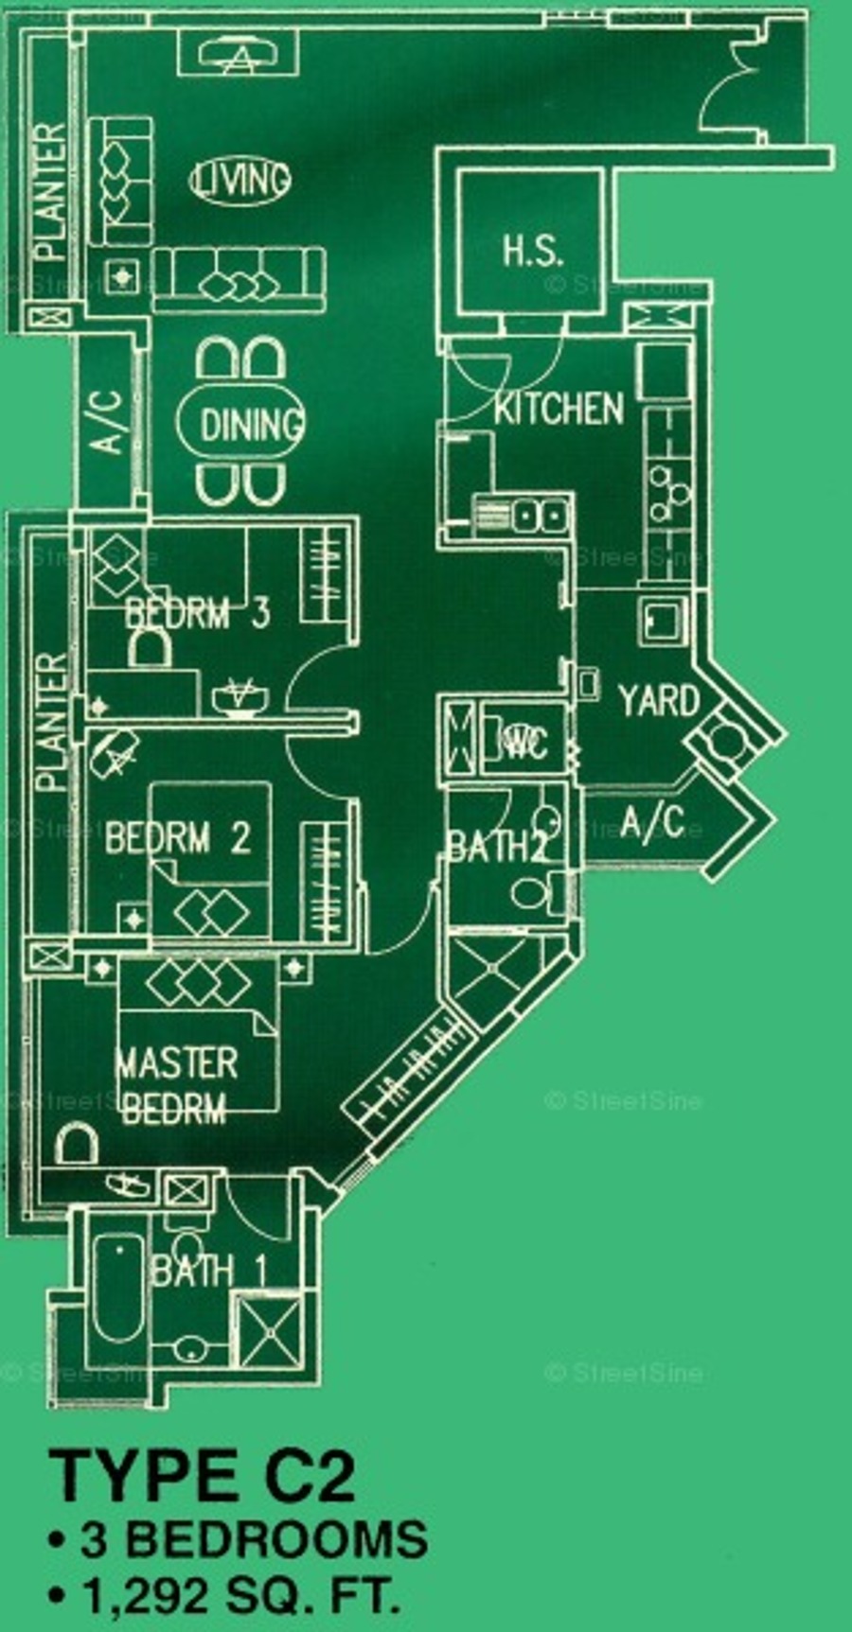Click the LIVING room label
click(x=240, y=180)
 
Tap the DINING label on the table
click(x=250, y=424)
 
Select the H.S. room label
click(x=532, y=251)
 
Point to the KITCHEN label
click(x=559, y=409)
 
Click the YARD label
click(x=659, y=701)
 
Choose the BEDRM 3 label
click(x=198, y=614)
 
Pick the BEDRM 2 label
click(x=177, y=838)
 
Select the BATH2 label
click(x=496, y=847)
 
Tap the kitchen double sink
click(x=540, y=516)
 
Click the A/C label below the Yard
click(x=652, y=822)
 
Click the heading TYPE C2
click(x=203, y=1475)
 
